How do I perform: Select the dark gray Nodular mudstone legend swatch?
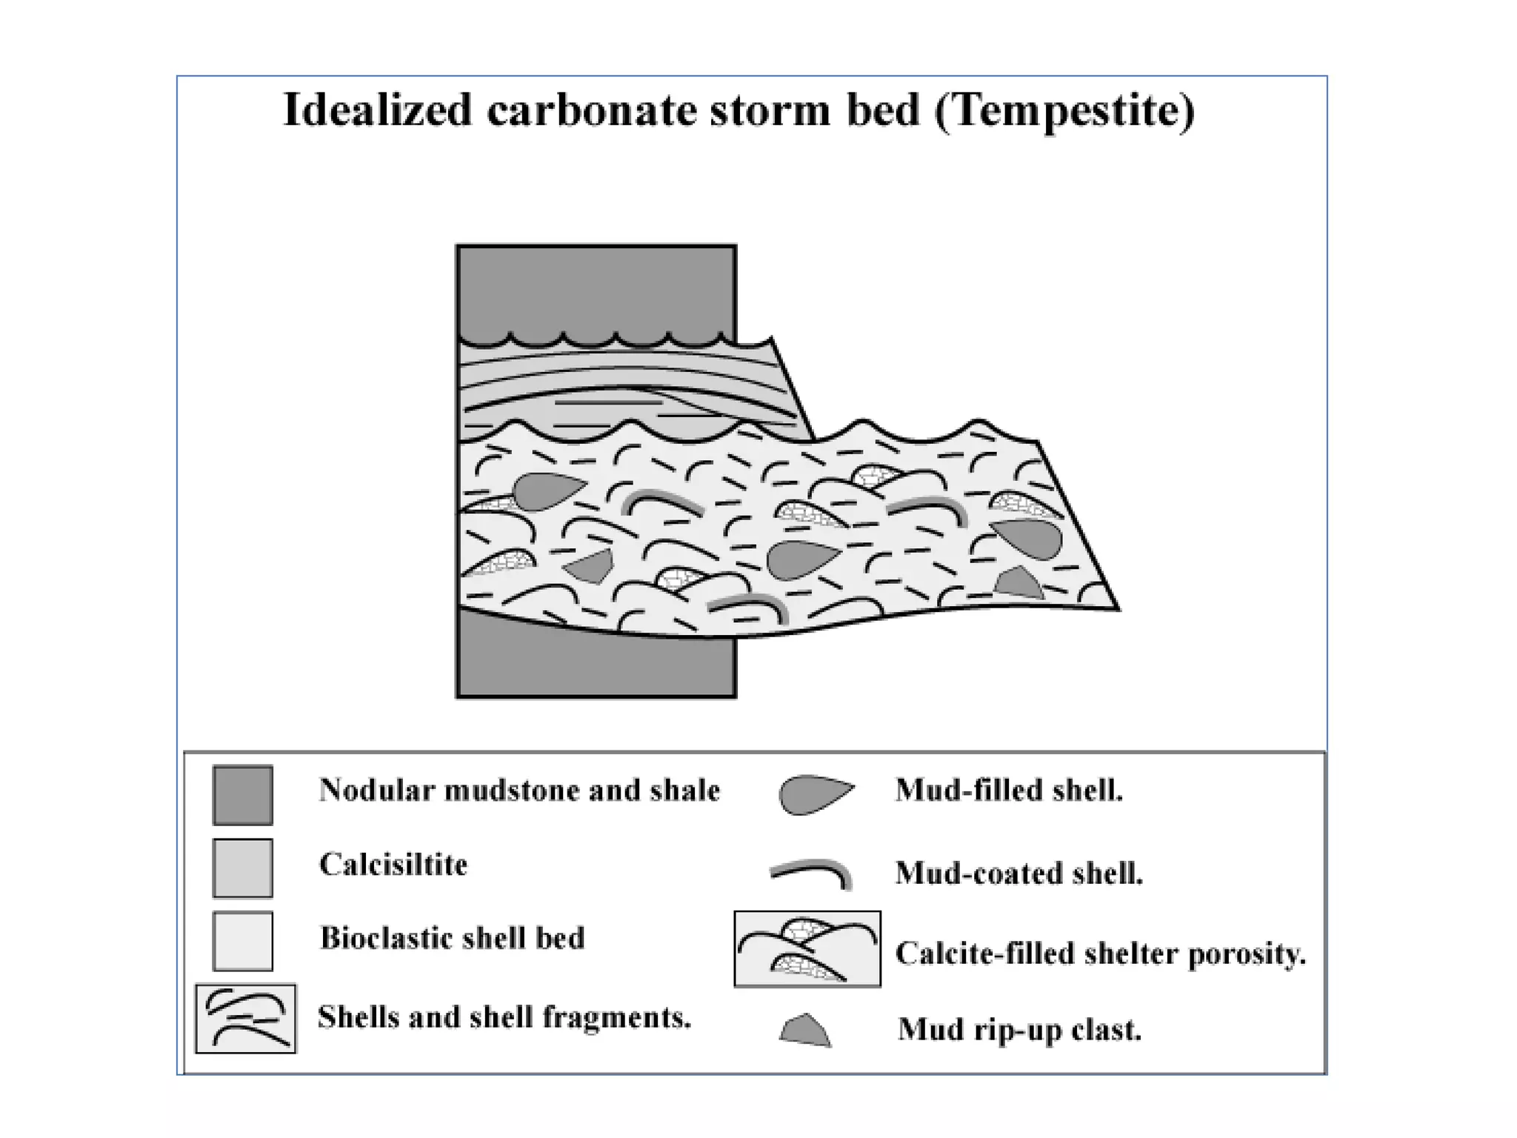[243, 795]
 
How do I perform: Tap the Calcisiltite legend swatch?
[243, 868]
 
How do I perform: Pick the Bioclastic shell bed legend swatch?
[243, 941]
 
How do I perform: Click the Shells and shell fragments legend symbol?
[246, 1018]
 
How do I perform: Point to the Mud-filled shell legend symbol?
[813, 794]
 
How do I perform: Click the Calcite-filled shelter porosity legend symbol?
[807, 949]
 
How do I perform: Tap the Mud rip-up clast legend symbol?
[805, 1031]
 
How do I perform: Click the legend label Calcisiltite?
[393, 865]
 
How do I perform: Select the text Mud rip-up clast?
[1019, 1030]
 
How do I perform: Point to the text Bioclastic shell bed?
[452, 938]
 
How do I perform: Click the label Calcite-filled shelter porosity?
[1100, 954]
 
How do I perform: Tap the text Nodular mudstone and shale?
[519, 791]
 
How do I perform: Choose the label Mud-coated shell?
[1019, 874]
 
